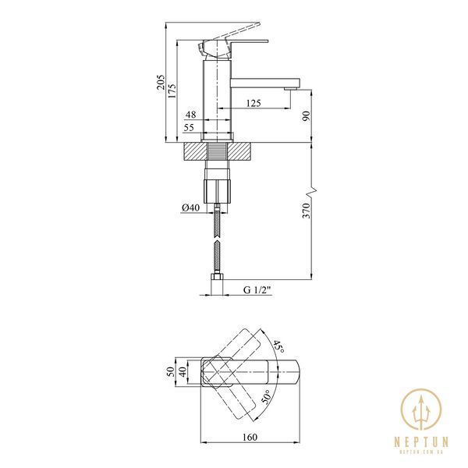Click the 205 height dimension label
tap(161, 82)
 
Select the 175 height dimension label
tap(172, 90)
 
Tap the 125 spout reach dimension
tap(253, 103)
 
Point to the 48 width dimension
tap(191, 115)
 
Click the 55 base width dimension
tap(189, 127)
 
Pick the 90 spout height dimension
tap(307, 115)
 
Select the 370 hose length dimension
tap(307, 211)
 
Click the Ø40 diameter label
tap(191, 207)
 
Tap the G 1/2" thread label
tap(257, 289)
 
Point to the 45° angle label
tap(278, 346)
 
